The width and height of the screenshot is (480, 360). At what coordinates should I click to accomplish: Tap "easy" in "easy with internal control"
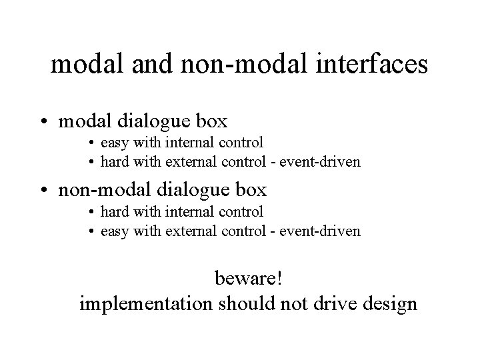[x=115, y=143]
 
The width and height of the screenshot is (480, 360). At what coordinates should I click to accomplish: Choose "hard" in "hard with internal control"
[x=115, y=212]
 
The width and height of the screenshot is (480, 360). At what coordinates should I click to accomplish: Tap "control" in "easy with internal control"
[x=239, y=143]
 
